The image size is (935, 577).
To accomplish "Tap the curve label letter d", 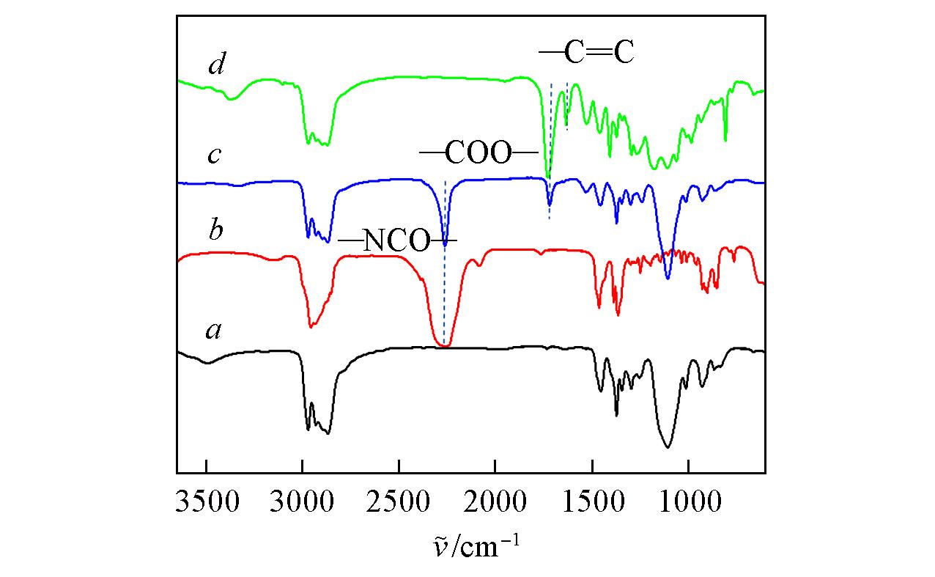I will (215, 66).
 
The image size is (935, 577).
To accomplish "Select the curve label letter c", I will (213, 156).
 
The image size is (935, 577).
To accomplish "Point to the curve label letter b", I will (215, 230).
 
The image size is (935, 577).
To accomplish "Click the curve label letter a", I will (213, 332).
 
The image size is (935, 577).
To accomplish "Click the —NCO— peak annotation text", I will (396, 242).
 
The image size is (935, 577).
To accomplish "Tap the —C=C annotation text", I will (586, 54).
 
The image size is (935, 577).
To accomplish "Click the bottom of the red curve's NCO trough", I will (444, 345).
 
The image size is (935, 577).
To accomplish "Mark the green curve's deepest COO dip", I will (547, 177).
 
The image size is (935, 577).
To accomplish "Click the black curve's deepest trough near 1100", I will (668, 446).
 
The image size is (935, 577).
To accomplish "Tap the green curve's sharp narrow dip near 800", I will (725, 139).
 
